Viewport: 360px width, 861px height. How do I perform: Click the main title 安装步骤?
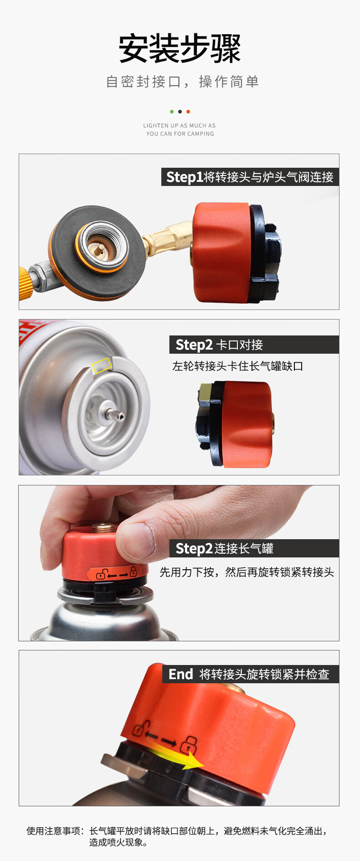coord(180,48)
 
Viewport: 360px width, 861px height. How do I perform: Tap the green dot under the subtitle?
coord(172,112)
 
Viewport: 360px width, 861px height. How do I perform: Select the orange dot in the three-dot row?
coord(188,112)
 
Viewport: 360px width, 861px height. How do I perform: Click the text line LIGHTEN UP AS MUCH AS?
coord(180,125)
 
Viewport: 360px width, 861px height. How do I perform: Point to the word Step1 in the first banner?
coord(185,177)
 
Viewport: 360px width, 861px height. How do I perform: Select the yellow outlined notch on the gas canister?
coord(102,365)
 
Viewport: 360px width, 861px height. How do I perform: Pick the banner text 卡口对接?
coord(239,345)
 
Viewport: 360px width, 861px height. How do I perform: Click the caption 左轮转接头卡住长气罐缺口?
coord(237,366)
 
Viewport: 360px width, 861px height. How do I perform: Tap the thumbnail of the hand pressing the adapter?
coord(179,563)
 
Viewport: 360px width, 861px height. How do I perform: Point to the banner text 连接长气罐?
coord(244,548)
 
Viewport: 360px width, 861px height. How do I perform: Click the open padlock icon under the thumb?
coord(101,574)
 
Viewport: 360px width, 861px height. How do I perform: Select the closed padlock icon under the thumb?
coord(133,571)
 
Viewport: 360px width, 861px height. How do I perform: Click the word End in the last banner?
coord(181,674)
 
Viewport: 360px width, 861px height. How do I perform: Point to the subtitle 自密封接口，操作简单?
coord(182,82)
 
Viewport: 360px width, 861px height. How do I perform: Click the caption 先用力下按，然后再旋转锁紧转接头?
coord(247,572)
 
